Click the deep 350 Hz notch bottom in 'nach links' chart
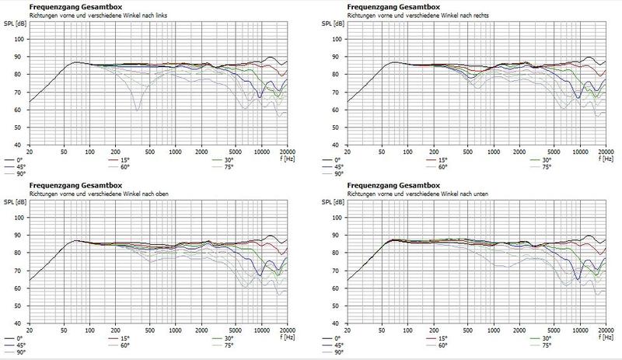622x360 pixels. click(x=138, y=110)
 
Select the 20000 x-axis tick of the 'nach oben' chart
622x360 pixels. click(x=285, y=329)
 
